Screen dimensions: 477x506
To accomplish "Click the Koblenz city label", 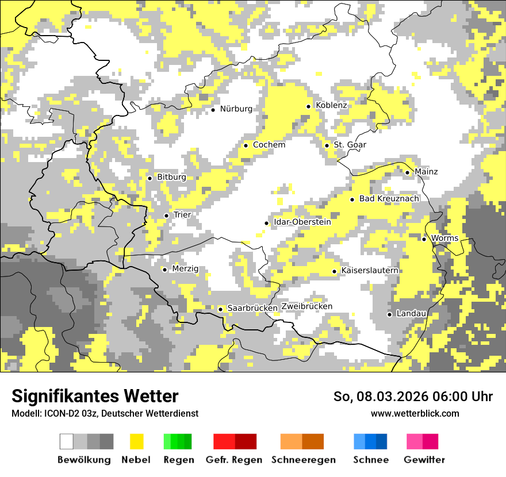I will point(331,106).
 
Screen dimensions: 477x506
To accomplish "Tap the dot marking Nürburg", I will point(213,109).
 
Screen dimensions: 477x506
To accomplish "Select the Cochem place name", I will point(269,145).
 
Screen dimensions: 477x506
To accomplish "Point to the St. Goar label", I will point(350,145).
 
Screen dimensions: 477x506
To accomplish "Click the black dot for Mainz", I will point(407,172).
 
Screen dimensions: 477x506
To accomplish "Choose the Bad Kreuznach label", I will point(389,199).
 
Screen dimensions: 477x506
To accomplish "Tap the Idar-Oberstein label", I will point(302,222).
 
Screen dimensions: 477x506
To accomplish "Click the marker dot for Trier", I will point(166,216).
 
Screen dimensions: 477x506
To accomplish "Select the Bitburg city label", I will point(171,178).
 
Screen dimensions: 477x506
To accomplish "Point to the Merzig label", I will point(185,269).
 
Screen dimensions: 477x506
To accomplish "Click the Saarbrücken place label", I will point(252,308).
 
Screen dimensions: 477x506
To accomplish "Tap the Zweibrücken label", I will point(306,306).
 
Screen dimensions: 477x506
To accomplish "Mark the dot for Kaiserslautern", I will point(334,271).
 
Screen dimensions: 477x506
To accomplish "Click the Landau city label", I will point(411,314).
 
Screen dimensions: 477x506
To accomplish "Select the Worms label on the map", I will point(444,238).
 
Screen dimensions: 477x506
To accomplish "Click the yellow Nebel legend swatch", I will point(136,441).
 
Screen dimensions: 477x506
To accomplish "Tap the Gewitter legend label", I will point(424,460).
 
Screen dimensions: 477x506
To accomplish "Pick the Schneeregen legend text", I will point(304,460).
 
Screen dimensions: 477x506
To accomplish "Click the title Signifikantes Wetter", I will point(95,397).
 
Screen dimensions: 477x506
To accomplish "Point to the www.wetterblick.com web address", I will point(415,414).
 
